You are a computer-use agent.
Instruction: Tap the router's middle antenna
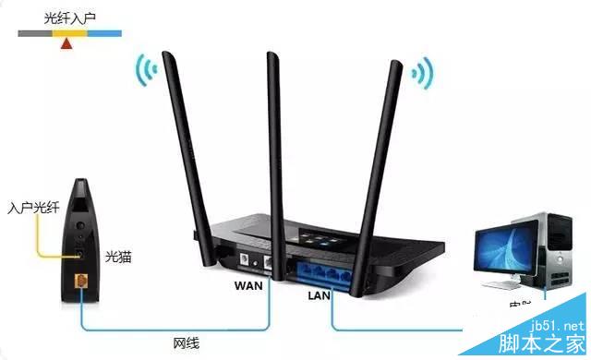coord(276,138)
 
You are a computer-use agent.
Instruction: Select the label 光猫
coord(118,256)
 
